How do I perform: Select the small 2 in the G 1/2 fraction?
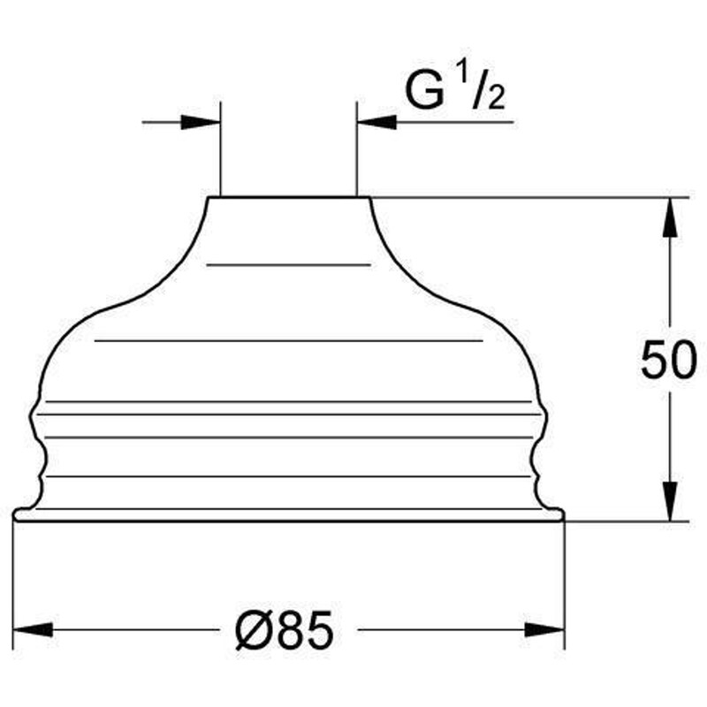(496, 97)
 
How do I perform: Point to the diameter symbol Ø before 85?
(255, 631)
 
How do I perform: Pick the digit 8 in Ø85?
(291, 631)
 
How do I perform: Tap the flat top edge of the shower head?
(289, 196)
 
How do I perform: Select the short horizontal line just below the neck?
(289, 264)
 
